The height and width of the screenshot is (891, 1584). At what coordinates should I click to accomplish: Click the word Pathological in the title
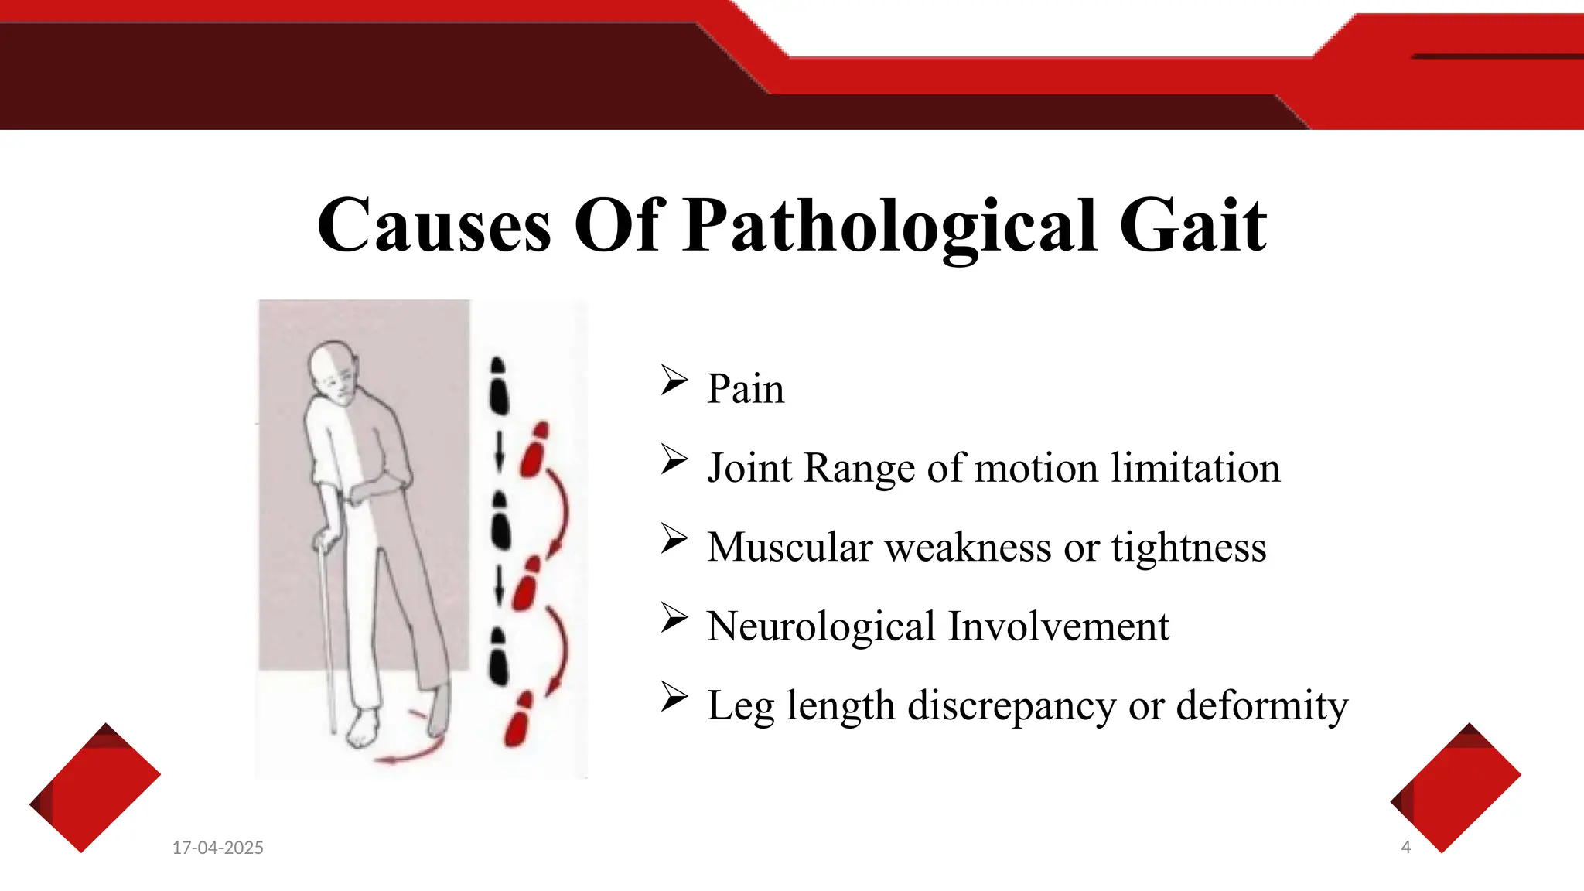[x=890, y=226]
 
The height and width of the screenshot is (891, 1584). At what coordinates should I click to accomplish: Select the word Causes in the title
[x=434, y=226]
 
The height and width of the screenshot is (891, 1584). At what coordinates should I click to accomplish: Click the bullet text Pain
[x=745, y=388]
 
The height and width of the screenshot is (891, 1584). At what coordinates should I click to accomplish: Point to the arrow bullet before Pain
[x=674, y=380]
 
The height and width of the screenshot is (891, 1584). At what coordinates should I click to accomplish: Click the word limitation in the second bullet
[x=1195, y=468]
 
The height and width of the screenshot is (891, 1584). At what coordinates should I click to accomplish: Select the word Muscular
[x=790, y=548]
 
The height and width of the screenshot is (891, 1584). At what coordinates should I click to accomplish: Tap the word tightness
[x=1188, y=548]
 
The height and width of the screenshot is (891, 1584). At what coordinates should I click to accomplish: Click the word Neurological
[x=821, y=626]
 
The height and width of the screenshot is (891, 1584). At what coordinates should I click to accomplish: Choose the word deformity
[x=1261, y=705]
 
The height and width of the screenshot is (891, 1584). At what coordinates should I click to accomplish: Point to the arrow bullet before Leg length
[x=674, y=696]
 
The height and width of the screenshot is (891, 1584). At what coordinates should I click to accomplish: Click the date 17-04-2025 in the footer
[x=217, y=848]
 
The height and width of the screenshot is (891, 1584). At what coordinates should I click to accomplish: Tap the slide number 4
[x=1405, y=848]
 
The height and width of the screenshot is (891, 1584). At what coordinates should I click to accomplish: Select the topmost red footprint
[x=534, y=449]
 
